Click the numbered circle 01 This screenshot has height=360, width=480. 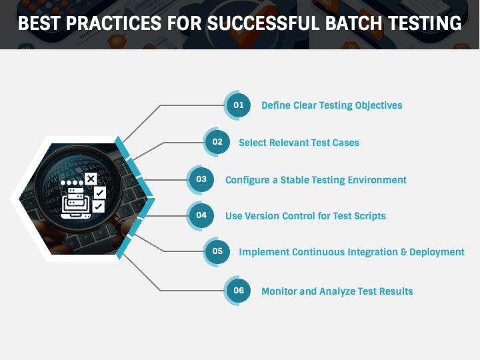238,105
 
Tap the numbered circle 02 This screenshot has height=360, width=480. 217,142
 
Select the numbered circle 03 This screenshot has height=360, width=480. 201,179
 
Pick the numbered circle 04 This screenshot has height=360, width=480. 201,215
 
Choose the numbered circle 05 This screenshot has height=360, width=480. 217,252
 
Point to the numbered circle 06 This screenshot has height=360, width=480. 238,291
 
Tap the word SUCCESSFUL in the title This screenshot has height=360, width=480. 253,24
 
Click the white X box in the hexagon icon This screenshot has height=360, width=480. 91,179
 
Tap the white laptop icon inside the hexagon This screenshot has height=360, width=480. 75,204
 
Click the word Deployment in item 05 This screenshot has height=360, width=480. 437,252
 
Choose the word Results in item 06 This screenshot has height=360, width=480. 395,291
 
